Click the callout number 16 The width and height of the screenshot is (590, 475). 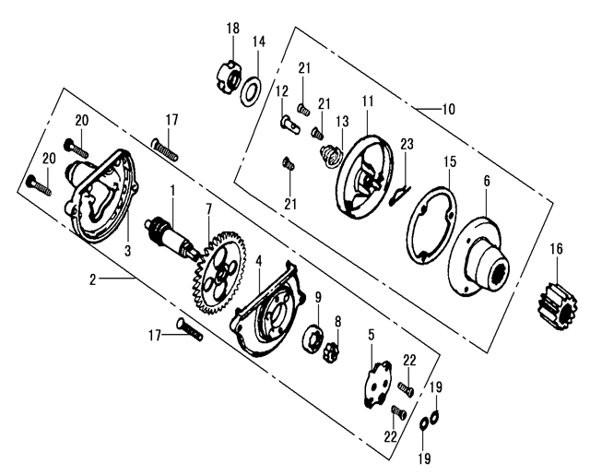tap(556, 248)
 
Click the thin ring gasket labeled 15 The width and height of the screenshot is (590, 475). tap(431, 223)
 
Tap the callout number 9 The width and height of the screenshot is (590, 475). tap(317, 297)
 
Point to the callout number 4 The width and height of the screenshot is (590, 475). tap(260, 261)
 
